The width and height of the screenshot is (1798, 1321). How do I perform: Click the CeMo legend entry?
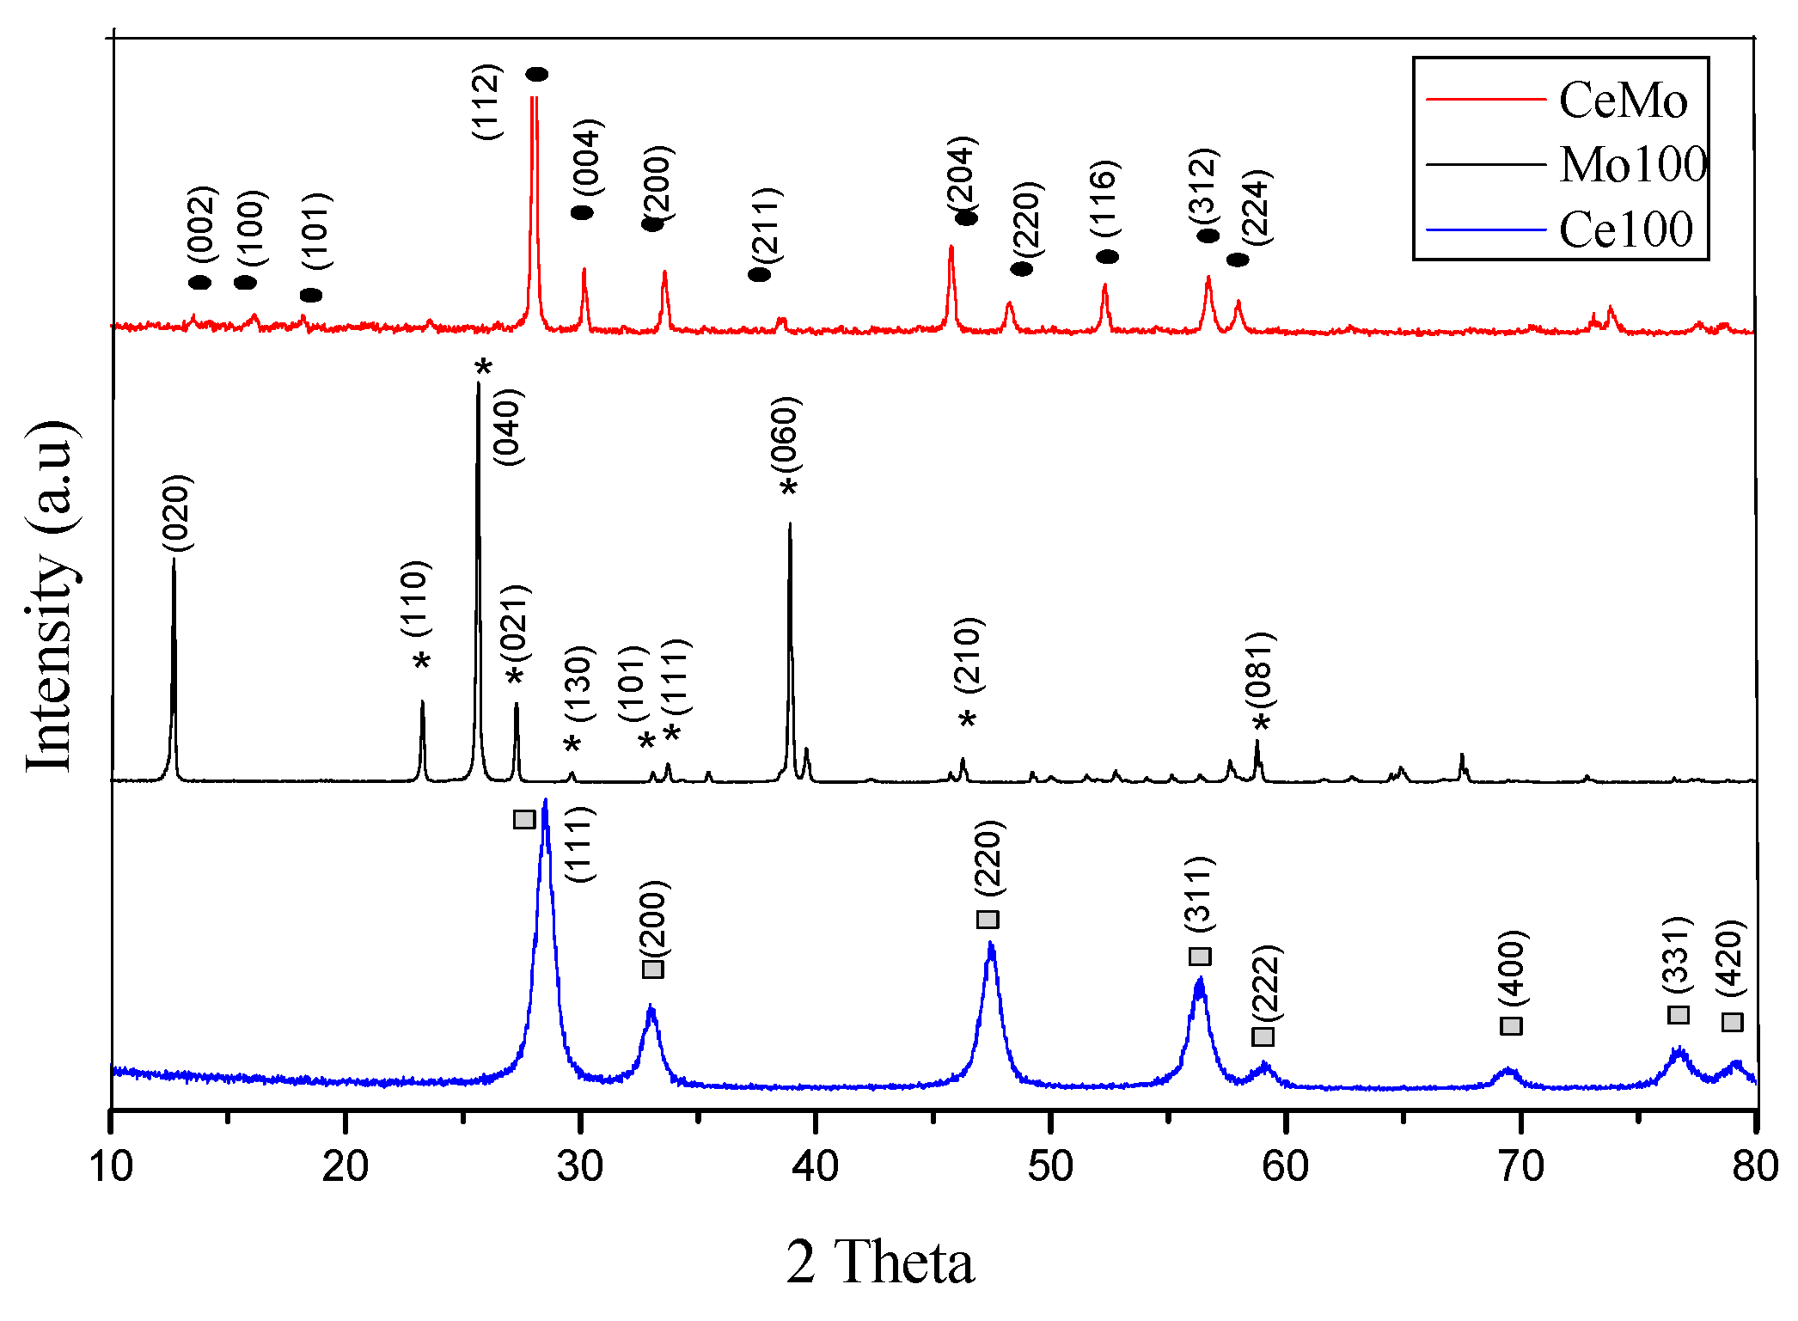(x=1623, y=101)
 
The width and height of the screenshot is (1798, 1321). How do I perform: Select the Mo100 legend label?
(x=1633, y=164)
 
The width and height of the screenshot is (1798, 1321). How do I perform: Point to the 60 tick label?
(x=1285, y=1166)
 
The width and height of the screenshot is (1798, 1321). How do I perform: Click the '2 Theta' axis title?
(x=880, y=1262)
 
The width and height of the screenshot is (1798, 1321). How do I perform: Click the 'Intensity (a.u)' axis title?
(x=50, y=597)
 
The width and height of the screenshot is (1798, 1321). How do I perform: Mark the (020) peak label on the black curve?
(x=177, y=513)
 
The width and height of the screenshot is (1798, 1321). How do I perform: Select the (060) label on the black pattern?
(x=785, y=435)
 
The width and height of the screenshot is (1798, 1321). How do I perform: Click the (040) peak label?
(x=508, y=427)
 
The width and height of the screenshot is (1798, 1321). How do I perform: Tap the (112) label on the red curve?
(x=486, y=102)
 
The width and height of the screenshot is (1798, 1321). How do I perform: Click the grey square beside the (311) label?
(x=1200, y=957)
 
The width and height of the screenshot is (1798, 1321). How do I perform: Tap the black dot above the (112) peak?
(x=536, y=75)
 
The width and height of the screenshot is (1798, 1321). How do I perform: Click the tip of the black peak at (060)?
(x=790, y=523)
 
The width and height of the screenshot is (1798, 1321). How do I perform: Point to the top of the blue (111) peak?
(x=545, y=802)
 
